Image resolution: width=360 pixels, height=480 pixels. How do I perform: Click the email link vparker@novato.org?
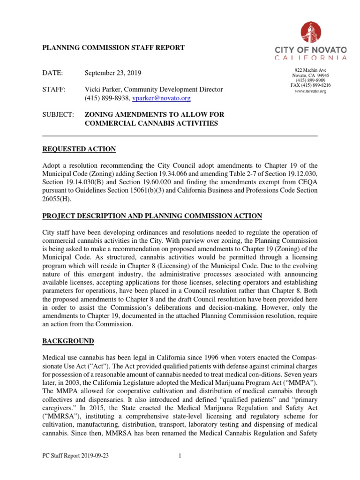tap(161, 98)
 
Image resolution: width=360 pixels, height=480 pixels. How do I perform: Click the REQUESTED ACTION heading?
tap(79, 149)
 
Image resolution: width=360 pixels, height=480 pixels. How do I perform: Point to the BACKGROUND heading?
tap(68, 340)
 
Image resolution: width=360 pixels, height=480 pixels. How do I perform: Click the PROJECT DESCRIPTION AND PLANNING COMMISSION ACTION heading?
tap(152, 216)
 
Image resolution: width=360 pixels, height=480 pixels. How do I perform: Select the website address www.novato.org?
tap(310, 91)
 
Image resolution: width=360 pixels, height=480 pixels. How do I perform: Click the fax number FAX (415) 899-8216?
tap(310, 85)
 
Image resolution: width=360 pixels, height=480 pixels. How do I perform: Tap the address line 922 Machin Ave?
tap(310, 69)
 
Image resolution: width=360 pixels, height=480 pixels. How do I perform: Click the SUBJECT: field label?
tap(58, 114)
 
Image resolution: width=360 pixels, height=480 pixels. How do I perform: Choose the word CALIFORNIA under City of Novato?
tap(310, 58)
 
